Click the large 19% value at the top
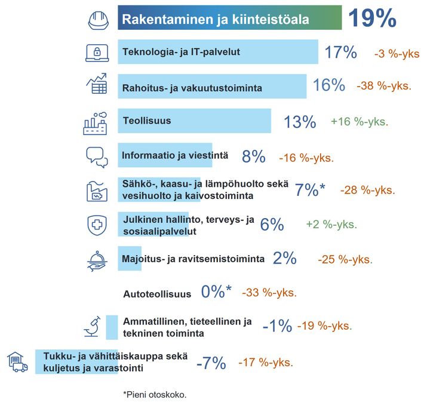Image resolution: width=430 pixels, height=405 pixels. (x=371, y=19)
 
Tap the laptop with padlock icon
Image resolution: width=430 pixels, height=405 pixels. (x=97, y=53)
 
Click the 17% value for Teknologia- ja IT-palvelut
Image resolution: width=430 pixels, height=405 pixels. (x=340, y=53)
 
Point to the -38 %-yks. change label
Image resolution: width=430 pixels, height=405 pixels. (x=383, y=86)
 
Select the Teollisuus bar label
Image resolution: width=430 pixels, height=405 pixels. (x=146, y=121)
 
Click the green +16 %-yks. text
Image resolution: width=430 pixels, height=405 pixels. (x=359, y=121)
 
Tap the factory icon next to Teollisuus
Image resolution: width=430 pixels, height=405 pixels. (x=96, y=122)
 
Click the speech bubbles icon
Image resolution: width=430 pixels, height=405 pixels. (x=97, y=157)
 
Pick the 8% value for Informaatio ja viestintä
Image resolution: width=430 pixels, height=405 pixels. (x=253, y=157)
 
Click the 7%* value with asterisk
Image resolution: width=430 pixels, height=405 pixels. (x=310, y=190)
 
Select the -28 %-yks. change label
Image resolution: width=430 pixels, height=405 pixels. (x=367, y=190)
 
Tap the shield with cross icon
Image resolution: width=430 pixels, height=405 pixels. (x=97, y=224)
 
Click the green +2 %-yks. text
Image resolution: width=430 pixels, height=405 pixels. (x=331, y=225)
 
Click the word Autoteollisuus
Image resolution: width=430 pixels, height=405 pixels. (x=156, y=294)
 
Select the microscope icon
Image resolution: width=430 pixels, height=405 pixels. (x=91, y=327)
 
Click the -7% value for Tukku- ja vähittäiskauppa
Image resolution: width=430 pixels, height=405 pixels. (x=211, y=363)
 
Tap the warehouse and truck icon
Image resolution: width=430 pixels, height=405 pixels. (x=17, y=362)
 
